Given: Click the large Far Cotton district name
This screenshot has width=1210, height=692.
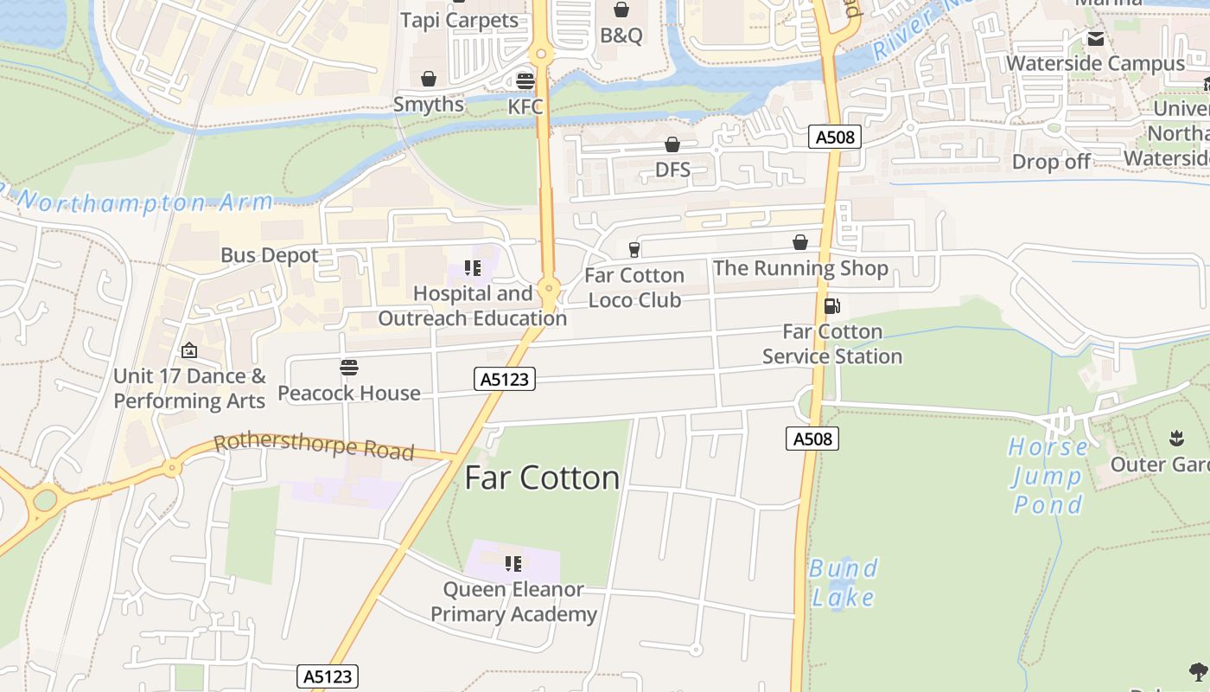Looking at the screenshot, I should pyautogui.click(x=542, y=477).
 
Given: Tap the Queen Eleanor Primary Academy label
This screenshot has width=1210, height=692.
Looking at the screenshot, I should pyautogui.click(x=513, y=602).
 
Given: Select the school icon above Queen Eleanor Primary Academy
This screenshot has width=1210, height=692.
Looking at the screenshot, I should pyautogui.click(x=513, y=564).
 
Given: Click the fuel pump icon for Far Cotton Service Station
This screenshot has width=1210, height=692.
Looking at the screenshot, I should pyautogui.click(x=831, y=305).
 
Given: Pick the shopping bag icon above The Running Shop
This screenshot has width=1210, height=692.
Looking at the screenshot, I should pyautogui.click(x=800, y=242).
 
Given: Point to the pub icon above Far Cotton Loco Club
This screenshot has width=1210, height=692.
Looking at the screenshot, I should pyautogui.click(x=634, y=250).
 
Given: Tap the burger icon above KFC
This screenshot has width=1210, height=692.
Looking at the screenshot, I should pyautogui.click(x=525, y=80).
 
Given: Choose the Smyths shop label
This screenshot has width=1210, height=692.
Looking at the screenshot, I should pyautogui.click(x=429, y=105).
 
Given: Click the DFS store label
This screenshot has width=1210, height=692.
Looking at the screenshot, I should pyautogui.click(x=672, y=170).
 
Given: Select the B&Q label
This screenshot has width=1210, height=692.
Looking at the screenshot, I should pyautogui.click(x=621, y=35).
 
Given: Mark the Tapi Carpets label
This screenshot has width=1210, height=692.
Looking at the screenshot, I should pyautogui.click(x=459, y=20).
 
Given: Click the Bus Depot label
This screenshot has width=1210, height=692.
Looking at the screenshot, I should pyautogui.click(x=270, y=255).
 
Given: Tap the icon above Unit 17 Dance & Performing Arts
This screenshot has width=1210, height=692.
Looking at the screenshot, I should pyautogui.click(x=189, y=350).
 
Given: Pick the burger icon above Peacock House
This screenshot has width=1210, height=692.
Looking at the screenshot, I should pyautogui.click(x=349, y=368).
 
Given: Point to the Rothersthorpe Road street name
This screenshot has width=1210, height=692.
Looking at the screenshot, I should pyautogui.click(x=314, y=447).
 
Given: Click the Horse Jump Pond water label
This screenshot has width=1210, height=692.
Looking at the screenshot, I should pyautogui.click(x=1048, y=476).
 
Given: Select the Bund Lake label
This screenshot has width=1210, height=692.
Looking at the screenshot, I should pyautogui.click(x=843, y=582).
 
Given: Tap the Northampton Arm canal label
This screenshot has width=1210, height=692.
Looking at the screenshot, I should pyautogui.click(x=143, y=202).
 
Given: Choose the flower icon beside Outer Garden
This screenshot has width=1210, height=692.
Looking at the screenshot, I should pyautogui.click(x=1176, y=438).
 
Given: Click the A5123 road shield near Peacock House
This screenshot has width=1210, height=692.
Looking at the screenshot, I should pyautogui.click(x=505, y=379).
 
